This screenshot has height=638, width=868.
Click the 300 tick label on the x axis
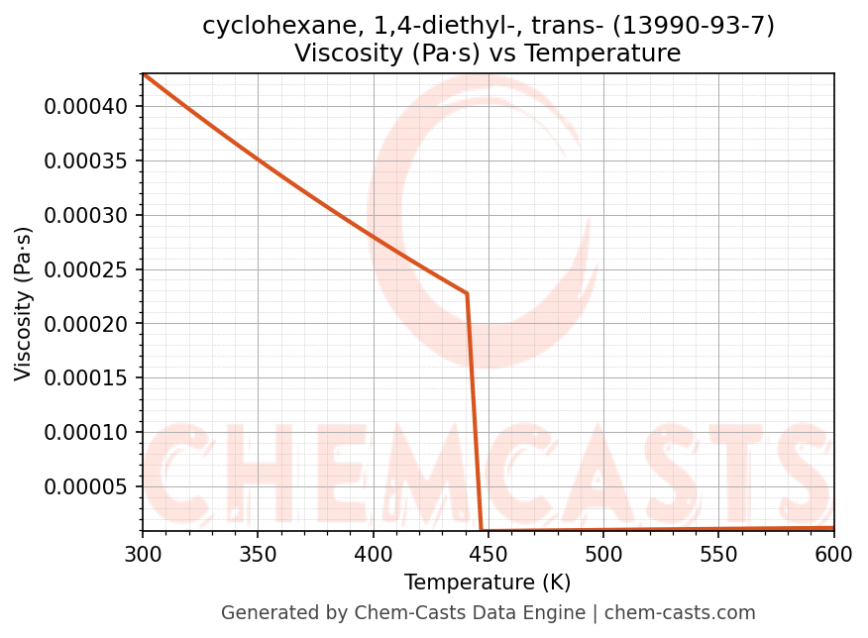click(x=143, y=556)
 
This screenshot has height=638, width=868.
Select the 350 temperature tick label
click(x=258, y=556)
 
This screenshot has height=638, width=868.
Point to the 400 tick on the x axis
click(x=373, y=556)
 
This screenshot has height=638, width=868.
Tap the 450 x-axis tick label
click(x=488, y=556)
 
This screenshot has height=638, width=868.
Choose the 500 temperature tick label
click(x=603, y=556)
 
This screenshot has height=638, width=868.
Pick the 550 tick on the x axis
click(x=718, y=556)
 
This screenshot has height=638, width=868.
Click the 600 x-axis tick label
click(x=833, y=556)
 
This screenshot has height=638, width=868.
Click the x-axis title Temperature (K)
click(x=488, y=583)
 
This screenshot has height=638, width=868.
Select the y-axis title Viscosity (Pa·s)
click(x=24, y=303)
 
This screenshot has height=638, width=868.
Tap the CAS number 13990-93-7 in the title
click(x=695, y=26)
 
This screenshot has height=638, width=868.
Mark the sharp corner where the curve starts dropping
click(x=467, y=293)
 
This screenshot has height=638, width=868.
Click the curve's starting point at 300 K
click(x=143, y=73)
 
